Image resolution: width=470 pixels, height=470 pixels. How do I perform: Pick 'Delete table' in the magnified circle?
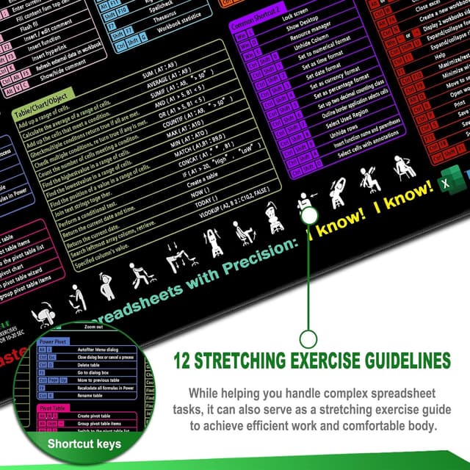click(88, 364)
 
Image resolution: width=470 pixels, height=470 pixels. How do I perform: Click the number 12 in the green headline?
click(184, 361)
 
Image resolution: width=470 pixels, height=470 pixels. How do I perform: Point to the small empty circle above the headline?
click(308, 339)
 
